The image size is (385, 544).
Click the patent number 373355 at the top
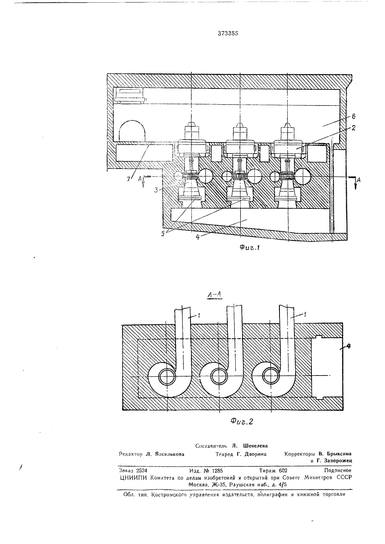[228, 34]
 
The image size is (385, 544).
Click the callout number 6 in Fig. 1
[353, 116]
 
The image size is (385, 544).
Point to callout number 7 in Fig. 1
[129, 179]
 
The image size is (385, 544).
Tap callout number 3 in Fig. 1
[157, 190]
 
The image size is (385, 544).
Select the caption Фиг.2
[242, 421]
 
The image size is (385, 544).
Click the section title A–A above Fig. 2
[214, 295]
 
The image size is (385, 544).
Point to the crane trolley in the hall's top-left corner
[130, 95]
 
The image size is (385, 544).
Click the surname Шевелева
[255, 446]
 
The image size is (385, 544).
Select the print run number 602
[283, 471]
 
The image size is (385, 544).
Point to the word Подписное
[338, 471]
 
